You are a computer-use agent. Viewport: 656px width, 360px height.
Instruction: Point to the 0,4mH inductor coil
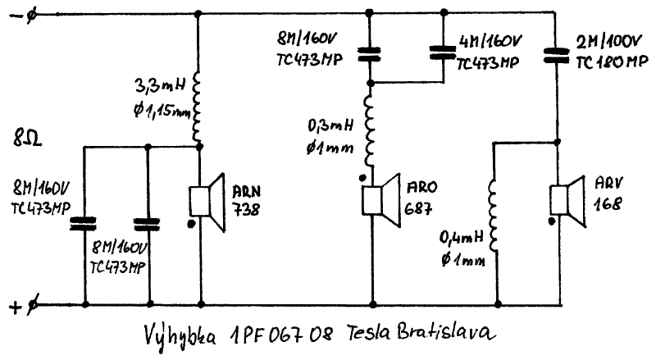click(494, 215)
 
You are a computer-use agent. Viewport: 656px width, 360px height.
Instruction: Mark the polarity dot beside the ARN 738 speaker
click(191, 223)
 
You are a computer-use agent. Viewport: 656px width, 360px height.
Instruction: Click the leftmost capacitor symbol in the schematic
click(84, 221)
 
